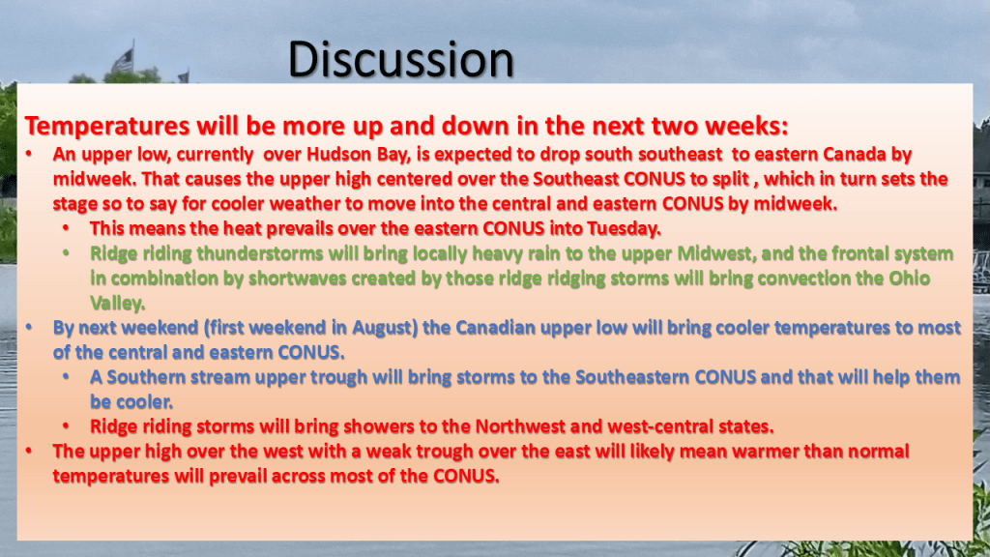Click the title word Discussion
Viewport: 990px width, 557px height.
(401, 59)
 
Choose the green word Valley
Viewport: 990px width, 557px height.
(117, 304)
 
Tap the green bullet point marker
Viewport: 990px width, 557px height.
(67, 254)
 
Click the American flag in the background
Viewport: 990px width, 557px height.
(123, 61)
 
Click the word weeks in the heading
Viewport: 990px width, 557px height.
(746, 126)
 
